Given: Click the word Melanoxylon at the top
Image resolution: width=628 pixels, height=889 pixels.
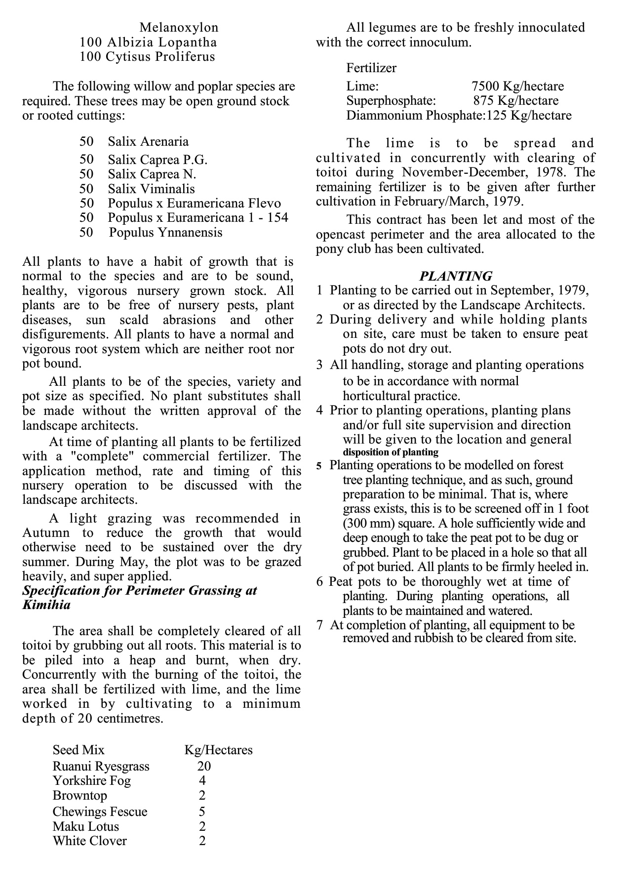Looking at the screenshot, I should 179,28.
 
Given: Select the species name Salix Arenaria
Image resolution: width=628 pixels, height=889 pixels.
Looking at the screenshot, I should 148,142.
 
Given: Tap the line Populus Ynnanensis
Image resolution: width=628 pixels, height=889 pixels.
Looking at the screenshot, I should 165,232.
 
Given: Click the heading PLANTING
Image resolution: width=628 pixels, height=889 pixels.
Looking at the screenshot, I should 455,276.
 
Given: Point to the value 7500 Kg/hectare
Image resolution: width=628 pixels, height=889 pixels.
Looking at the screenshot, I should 517,86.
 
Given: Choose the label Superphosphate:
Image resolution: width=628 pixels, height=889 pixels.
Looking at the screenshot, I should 391,101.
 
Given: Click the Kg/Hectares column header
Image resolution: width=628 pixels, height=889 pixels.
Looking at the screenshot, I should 218,750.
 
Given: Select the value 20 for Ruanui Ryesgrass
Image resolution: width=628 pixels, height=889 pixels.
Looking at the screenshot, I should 203,766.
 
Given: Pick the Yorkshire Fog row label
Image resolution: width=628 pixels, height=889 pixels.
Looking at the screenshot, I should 92,781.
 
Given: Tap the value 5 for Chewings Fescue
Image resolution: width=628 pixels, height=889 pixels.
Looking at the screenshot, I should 202,811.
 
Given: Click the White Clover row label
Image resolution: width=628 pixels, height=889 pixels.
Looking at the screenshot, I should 90,841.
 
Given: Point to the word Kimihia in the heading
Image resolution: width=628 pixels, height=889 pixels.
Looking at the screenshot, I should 46,605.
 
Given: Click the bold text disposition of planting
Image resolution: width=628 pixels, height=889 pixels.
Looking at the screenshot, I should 391,452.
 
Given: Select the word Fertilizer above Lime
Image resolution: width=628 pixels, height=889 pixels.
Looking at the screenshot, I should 371,68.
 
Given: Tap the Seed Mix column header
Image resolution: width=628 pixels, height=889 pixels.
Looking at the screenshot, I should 78,750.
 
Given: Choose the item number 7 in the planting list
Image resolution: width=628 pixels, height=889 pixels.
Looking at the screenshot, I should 320,625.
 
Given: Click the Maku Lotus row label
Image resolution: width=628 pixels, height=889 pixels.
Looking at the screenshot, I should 86,826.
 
